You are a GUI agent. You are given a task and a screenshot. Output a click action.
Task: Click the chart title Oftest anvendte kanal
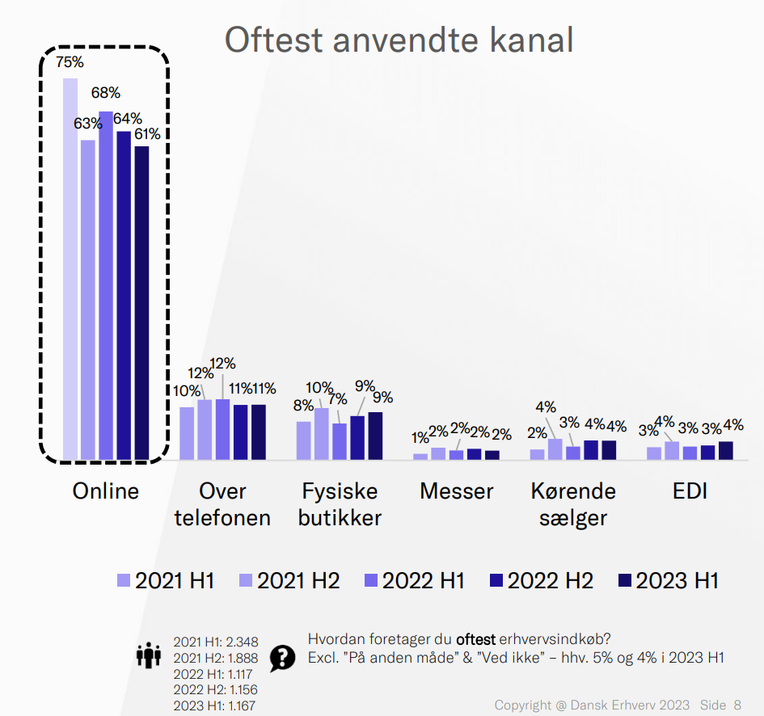[399, 39]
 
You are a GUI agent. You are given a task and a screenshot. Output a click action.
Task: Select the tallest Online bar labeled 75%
[70, 267]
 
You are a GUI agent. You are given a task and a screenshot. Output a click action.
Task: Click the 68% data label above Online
[105, 92]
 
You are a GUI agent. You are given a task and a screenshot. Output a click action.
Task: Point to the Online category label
[105, 491]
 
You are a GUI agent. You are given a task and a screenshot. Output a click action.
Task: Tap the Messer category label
[456, 491]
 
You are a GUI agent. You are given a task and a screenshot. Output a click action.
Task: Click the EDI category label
[690, 491]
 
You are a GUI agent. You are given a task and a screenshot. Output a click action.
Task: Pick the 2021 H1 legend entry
[166, 580]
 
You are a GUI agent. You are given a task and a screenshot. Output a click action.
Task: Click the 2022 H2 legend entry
[542, 580]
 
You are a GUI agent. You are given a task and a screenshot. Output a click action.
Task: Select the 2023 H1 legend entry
[668, 580]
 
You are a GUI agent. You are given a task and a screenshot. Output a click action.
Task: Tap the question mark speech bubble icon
[282, 658]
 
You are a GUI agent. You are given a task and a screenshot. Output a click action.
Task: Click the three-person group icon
[149, 655]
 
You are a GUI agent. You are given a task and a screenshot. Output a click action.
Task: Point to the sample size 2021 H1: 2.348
[215, 642]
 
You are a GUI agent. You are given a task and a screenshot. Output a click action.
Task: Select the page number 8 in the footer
[737, 705]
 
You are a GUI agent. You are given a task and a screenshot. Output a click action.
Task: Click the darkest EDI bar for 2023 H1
[725, 450]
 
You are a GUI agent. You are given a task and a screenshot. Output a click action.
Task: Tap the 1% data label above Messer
[420, 438]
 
